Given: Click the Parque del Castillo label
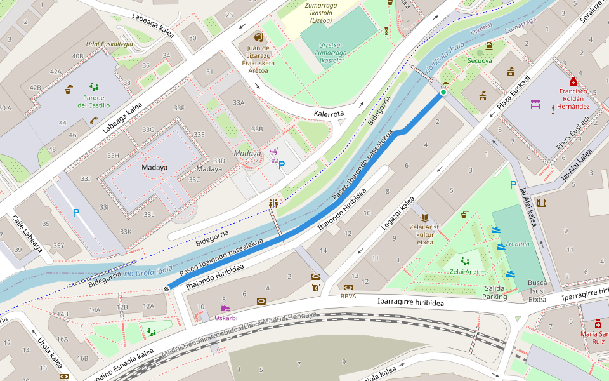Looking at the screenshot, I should (94, 102).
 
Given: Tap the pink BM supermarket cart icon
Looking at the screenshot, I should (274, 151).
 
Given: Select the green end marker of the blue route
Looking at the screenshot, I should (443, 93).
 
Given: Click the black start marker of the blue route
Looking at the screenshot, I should (166, 289).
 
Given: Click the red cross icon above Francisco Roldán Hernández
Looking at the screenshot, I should (573, 81).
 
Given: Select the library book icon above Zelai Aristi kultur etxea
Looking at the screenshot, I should (425, 217).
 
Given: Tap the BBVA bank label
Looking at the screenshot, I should (348, 296).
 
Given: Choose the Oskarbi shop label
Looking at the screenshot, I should (226, 317).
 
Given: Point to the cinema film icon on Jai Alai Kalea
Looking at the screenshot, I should (541, 203).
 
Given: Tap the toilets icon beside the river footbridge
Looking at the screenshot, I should (274, 203).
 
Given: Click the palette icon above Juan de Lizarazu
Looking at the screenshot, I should (258, 37).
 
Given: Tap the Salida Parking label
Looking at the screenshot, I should (494, 293).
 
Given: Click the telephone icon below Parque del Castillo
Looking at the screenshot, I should (93, 120).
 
